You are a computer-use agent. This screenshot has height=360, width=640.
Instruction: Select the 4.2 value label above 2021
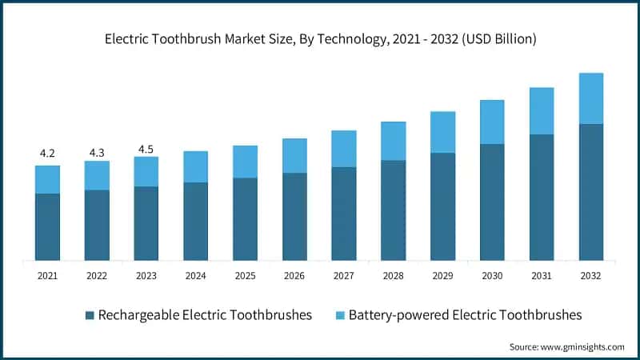[x=47, y=153]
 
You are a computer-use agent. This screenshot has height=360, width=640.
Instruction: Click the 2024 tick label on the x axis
[x=195, y=275]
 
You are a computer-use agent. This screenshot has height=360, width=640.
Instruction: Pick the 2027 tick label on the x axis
[x=343, y=275]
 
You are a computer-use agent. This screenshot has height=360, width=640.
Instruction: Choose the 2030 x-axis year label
[x=491, y=275]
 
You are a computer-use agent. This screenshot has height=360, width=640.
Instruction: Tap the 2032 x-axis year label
[x=590, y=275]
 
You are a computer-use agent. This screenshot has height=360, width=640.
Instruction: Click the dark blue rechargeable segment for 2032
[x=590, y=192]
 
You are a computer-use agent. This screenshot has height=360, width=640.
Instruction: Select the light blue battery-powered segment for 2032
[x=590, y=98]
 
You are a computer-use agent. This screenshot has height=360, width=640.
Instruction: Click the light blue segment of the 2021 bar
[x=47, y=179]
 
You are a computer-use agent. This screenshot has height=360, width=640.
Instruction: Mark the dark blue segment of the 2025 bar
[x=245, y=218]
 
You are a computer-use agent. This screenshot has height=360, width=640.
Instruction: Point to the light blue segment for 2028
[x=393, y=141]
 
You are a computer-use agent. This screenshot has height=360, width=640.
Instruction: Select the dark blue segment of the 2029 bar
[x=442, y=206]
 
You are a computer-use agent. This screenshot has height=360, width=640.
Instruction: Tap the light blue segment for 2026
[x=294, y=155]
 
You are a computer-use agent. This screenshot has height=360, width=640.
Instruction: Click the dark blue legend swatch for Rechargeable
[x=90, y=315]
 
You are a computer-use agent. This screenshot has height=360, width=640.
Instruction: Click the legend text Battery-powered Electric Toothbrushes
[x=465, y=315]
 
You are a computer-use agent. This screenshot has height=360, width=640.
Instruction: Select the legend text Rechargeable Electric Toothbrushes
[x=204, y=315]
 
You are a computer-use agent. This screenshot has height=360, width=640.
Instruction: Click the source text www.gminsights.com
[x=566, y=346]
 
